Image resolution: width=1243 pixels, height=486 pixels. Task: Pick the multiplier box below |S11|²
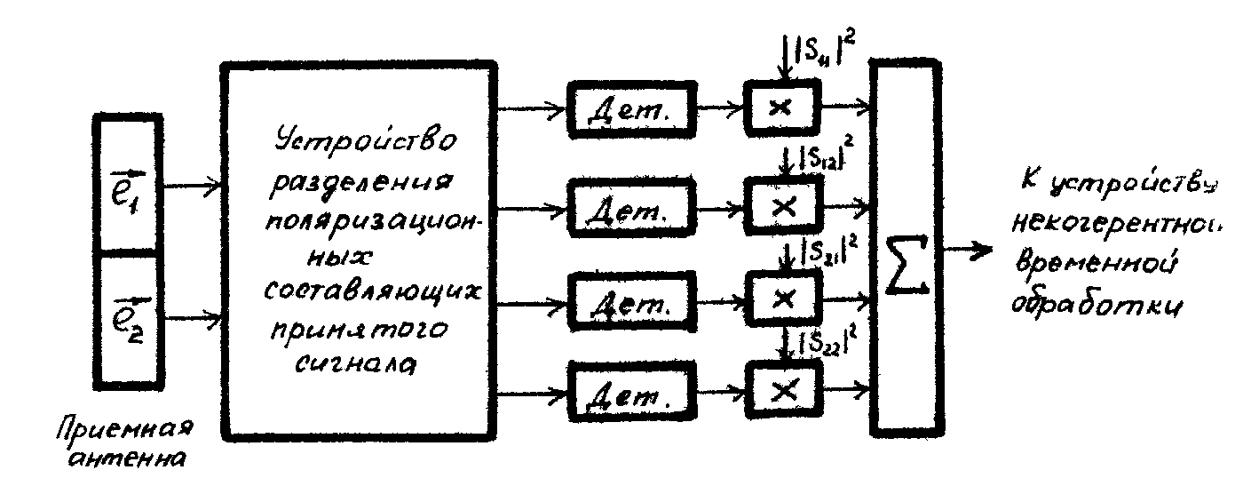(782, 107)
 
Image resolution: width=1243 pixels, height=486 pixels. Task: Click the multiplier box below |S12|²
(782, 205)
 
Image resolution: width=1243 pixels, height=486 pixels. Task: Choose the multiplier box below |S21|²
(782, 299)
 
